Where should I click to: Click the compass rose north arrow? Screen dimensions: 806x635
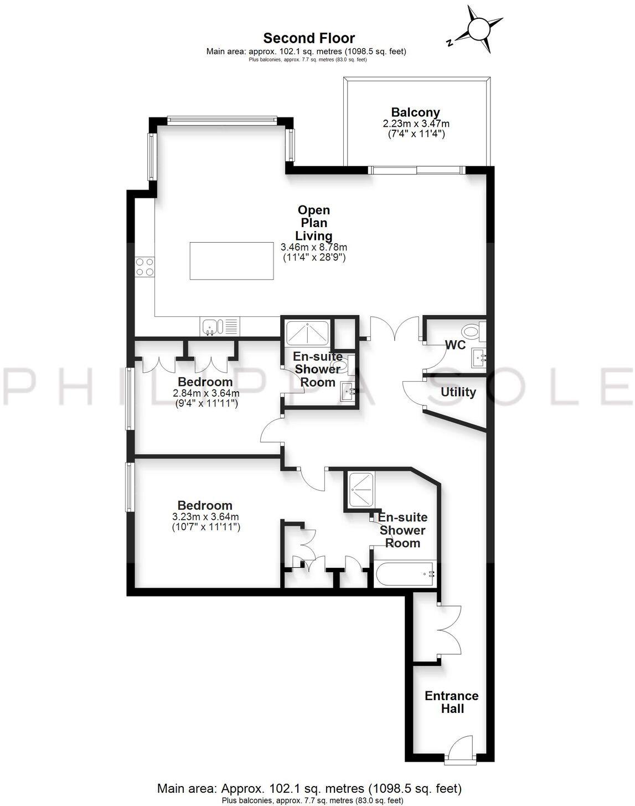coord(479,29)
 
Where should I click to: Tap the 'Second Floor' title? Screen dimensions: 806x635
coord(309,38)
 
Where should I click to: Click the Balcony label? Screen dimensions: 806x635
coord(415,112)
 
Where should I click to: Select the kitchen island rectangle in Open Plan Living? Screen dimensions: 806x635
coord(232,260)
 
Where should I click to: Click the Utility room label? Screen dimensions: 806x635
coord(458,392)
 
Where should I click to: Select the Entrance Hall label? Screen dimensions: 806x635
coord(452,702)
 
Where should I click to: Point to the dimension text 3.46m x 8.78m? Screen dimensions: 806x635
coord(314,247)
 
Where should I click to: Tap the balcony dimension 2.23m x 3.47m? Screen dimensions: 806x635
coord(415,124)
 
